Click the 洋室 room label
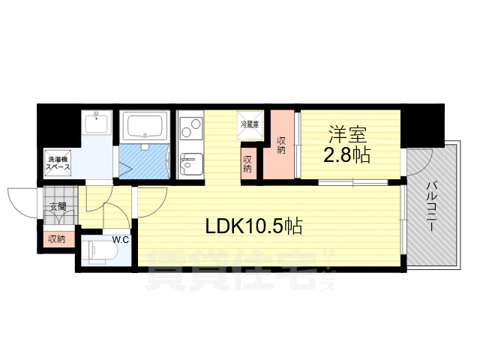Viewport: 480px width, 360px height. pyautogui.click(x=347, y=136)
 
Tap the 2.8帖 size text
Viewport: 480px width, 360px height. pyautogui.click(x=347, y=157)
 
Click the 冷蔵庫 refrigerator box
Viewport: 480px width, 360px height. pyautogui.click(x=250, y=124)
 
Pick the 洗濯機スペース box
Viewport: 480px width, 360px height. pyautogui.click(x=59, y=163)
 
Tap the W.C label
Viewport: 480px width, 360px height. pyautogui.click(x=121, y=240)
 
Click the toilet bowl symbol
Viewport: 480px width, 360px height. pyautogui.click(x=97, y=251)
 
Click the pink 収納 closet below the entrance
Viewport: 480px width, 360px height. pyautogui.click(x=56, y=240)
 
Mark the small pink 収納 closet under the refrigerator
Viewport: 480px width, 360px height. pyautogui.click(x=247, y=164)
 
